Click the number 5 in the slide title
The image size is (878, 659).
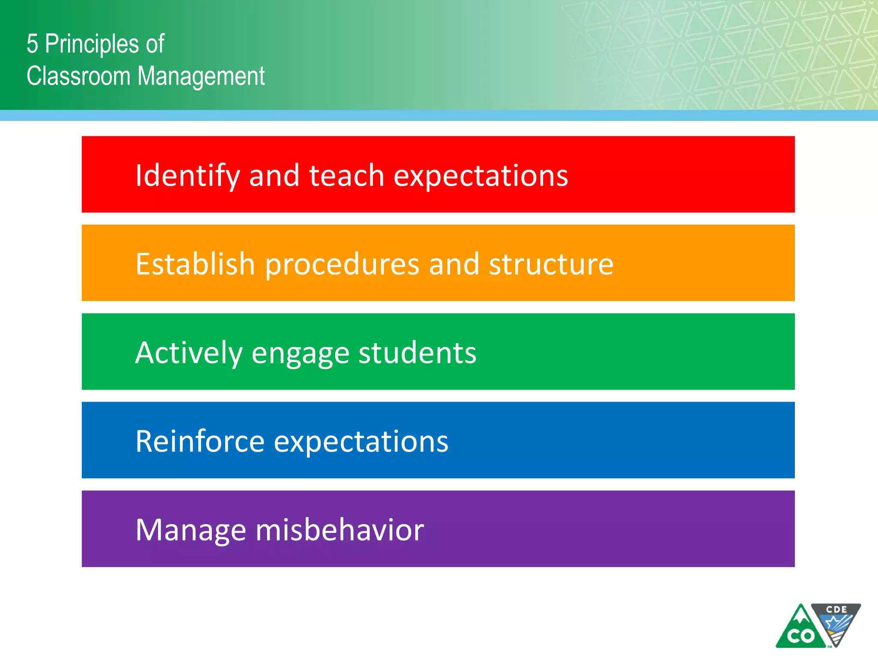33,44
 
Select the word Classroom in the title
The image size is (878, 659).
78,76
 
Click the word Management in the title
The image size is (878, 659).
201,76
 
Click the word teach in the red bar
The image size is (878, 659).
346,176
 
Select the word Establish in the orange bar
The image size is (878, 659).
195,264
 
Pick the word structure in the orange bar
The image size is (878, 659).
551,264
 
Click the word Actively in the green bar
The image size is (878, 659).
189,353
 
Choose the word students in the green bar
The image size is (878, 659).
417,353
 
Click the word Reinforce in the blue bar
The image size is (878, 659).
200,441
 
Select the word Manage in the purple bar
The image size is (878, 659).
191,531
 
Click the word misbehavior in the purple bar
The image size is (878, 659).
340,530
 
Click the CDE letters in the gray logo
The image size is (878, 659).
836,609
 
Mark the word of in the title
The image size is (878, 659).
155,44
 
